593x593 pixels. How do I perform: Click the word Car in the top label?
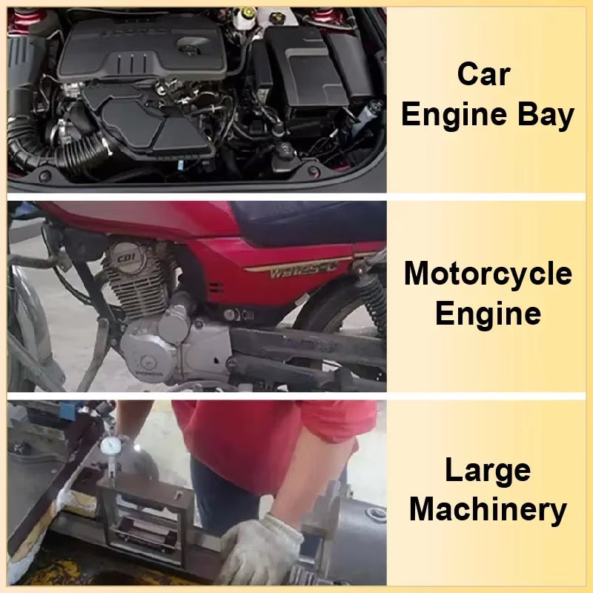click(x=486, y=74)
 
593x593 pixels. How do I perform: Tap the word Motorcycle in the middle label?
click(x=488, y=274)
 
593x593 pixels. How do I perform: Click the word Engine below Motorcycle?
click(x=488, y=314)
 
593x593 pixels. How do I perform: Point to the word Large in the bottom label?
click(x=488, y=470)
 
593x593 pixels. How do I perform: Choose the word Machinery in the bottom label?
click(x=488, y=510)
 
